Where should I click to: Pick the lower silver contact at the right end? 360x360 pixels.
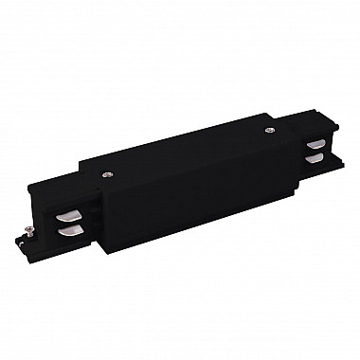(315, 160)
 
